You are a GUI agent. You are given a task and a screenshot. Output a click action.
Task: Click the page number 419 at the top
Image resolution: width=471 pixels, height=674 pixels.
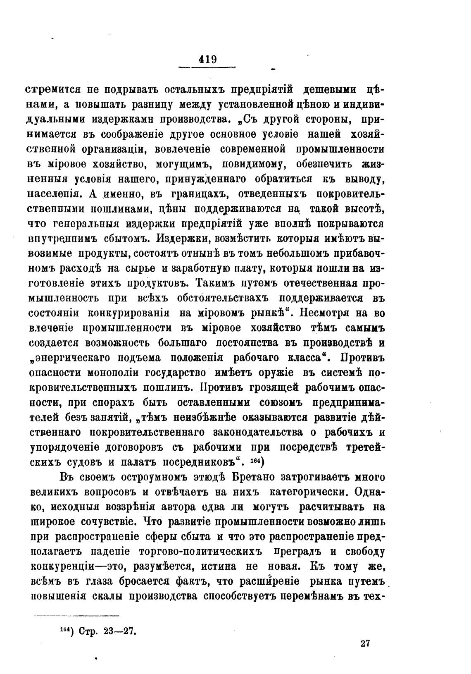pyautogui.click(x=207, y=60)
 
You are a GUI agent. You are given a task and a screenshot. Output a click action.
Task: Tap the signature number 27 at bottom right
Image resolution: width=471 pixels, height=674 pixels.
pyautogui.click(x=364, y=643)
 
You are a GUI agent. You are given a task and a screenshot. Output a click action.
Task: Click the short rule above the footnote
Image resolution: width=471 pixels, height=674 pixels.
pyautogui.click(x=76, y=615)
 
